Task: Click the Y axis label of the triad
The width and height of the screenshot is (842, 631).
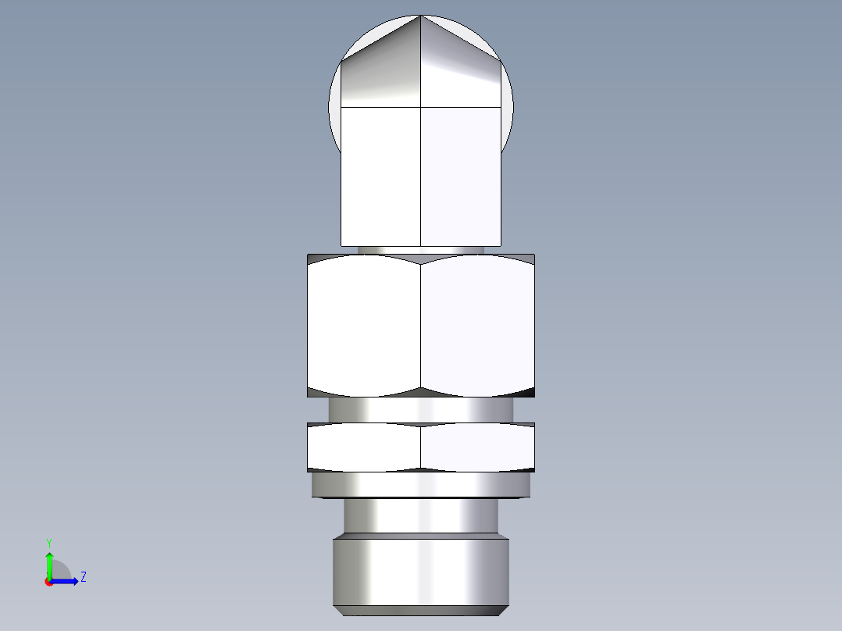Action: [x=48, y=542]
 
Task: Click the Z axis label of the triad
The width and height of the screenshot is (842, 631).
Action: [x=83, y=577]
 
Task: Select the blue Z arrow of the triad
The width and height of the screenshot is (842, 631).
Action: [x=67, y=581]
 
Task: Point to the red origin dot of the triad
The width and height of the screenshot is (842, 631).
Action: [x=48, y=582]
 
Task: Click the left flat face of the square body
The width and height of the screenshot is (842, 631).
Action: [x=381, y=176]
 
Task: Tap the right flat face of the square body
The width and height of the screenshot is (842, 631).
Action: [x=461, y=176]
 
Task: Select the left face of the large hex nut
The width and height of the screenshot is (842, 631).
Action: [x=364, y=326]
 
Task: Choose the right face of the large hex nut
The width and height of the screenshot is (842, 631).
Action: [x=478, y=326]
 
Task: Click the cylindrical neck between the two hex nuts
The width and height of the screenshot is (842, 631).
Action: [x=421, y=409]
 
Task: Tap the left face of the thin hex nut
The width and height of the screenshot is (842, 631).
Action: [x=364, y=447]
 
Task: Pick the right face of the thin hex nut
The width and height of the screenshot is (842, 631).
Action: [x=478, y=447]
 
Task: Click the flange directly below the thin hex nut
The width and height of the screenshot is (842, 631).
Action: [x=421, y=485]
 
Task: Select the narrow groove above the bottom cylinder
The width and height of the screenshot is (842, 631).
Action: [x=421, y=516]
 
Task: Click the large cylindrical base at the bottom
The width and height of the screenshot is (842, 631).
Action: [x=421, y=570]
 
